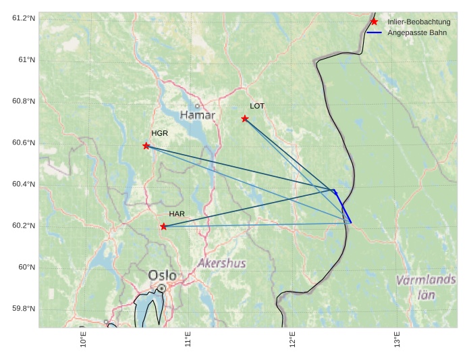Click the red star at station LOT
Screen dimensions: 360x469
(x=245, y=119)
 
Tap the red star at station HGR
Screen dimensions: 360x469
(x=146, y=146)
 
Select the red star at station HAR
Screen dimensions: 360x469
(x=164, y=227)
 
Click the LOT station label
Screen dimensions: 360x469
(x=257, y=106)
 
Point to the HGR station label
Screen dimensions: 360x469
(x=159, y=133)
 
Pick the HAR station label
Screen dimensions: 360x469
(x=177, y=214)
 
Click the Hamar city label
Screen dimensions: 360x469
(x=198, y=115)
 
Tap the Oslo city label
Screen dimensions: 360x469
(x=162, y=276)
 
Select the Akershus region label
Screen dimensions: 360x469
(x=222, y=263)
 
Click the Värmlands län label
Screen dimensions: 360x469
(x=426, y=287)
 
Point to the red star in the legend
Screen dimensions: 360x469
(x=374, y=22)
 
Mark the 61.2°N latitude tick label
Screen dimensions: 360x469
(x=23, y=18)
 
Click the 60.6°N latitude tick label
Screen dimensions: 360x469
(x=23, y=143)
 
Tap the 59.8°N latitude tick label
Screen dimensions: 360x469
(x=23, y=309)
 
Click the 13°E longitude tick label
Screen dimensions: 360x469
(x=397, y=339)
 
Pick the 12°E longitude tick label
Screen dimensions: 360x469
(x=293, y=339)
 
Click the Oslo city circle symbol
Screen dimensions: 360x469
(x=162, y=288)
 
